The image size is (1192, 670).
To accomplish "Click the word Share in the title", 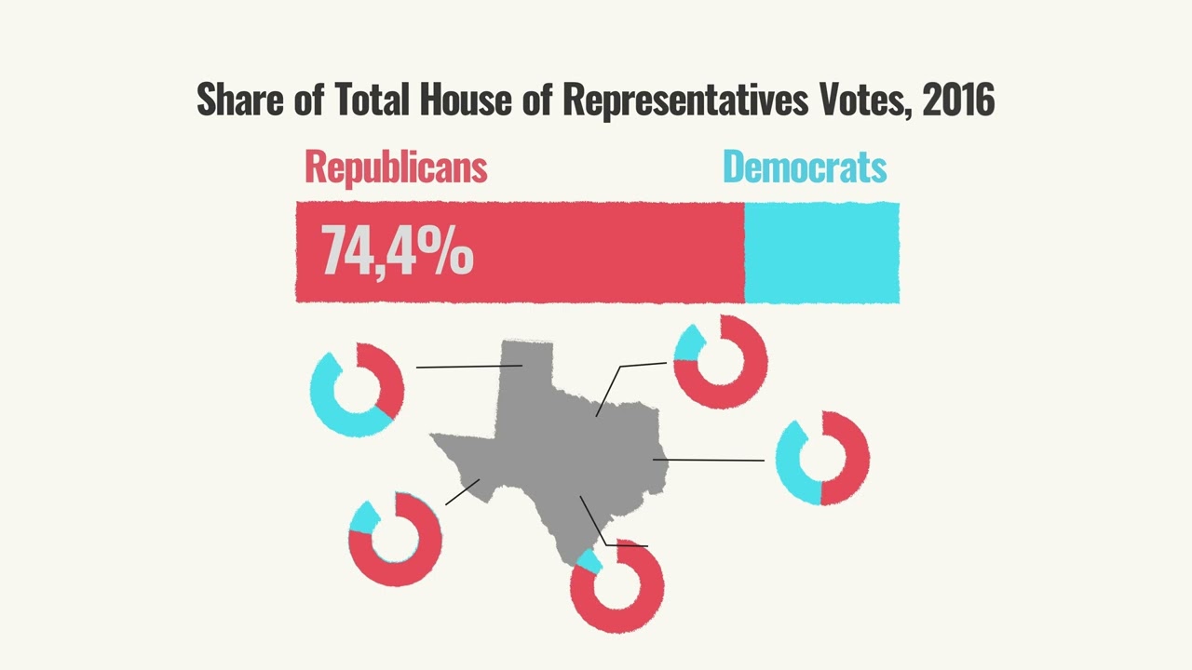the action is pos(240,99).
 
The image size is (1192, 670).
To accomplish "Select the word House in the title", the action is pos(465,99).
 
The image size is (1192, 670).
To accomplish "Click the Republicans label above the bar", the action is pos(396,167).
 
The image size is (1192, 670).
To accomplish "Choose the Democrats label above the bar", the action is pos(805,167).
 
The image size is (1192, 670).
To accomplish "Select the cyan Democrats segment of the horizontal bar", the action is pos(822,252).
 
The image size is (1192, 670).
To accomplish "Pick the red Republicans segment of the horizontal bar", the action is pos(520,252).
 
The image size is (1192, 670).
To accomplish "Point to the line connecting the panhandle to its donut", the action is pos(468,367).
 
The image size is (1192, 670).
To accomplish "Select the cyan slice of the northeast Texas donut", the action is pos(687,344).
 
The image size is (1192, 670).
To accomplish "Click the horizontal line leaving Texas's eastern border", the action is pos(709,460).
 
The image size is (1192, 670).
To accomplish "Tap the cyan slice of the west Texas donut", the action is pos(363,518).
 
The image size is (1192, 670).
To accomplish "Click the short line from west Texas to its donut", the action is pos(463,492).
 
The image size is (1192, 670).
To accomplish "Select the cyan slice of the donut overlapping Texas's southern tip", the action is pos(589,561).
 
